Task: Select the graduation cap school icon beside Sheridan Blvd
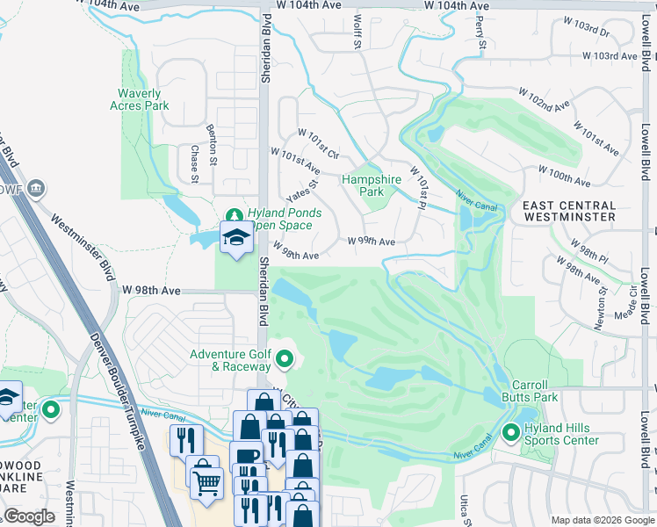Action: point(235,238)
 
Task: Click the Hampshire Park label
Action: point(372,185)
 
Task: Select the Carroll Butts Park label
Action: point(530,391)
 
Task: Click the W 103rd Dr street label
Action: point(588,32)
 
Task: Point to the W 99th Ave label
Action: point(371,241)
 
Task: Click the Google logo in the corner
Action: point(29,516)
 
